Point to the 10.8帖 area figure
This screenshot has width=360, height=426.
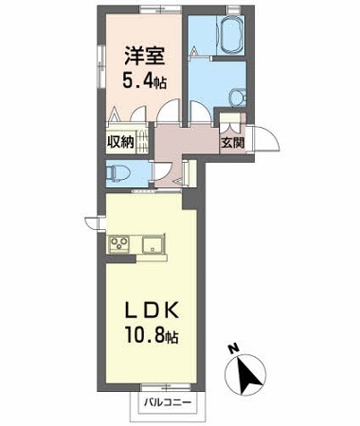(148, 336)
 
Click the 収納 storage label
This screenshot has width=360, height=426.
(117, 144)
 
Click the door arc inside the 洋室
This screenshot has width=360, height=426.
(168, 111)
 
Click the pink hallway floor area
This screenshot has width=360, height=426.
(185, 142)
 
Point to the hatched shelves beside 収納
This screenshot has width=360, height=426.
(140, 143)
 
